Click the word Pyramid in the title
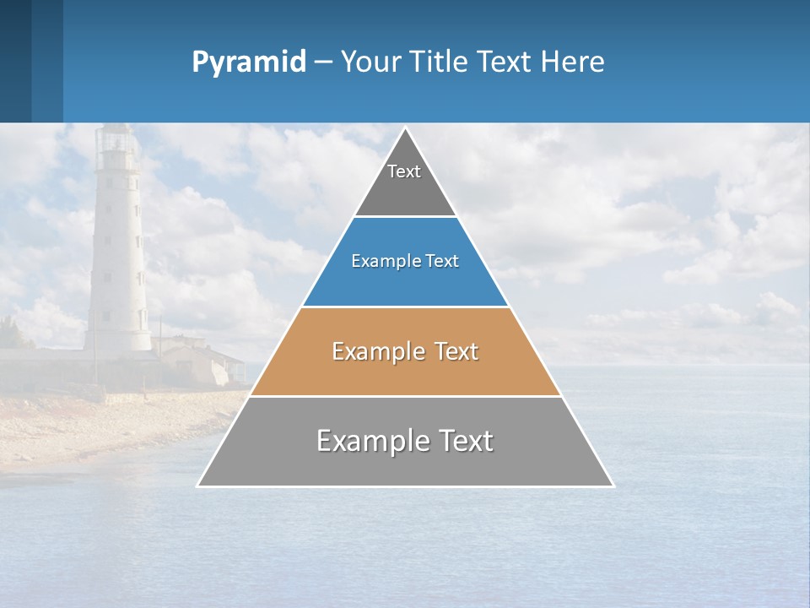[249, 62]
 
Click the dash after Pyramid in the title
[323, 62]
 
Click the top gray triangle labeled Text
[405, 182]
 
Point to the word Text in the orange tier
[456, 351]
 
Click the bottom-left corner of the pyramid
[198, 486]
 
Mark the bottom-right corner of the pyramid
[613, 486]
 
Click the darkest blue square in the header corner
[15, 61]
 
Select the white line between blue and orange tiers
[405, 307]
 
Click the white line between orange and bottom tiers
[405, 396]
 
